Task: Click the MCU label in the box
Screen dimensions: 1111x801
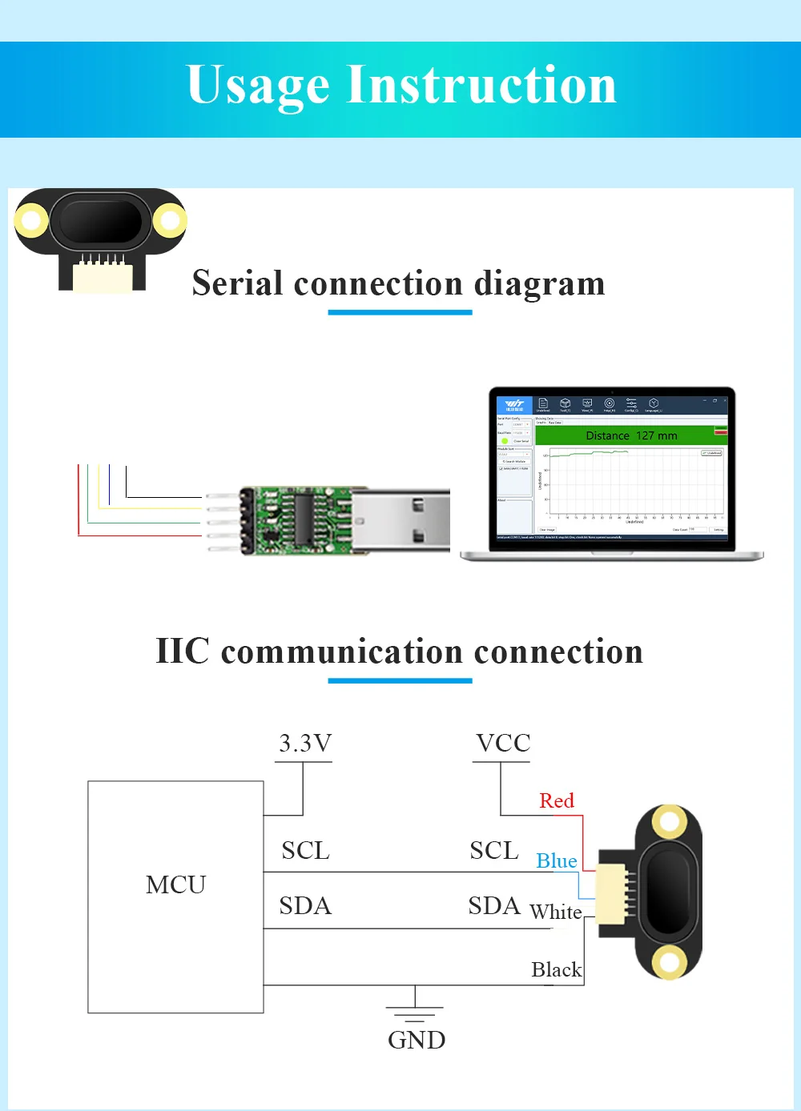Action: coord(176,884)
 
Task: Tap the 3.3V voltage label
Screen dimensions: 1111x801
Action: coord(305,744)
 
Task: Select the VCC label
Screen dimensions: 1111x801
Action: coord(503,744)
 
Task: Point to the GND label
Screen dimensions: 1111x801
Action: coord(417,1040)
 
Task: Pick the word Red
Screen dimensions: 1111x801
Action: coord(557,800)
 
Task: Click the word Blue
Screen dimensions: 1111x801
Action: coord(557,860)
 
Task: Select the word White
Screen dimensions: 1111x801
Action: coord(556,912)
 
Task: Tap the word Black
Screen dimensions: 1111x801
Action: coord(557,969)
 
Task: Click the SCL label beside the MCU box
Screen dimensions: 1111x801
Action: coord(305,850)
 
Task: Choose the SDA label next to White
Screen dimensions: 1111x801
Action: coord(494,906)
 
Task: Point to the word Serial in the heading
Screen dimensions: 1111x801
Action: coord(237,283)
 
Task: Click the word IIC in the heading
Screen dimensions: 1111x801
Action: coord(182,651)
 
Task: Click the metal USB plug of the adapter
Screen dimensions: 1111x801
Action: coord(400,520)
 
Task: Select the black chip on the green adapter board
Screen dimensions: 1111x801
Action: coord(304,518)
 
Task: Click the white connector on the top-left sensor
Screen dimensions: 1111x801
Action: coord(103,276)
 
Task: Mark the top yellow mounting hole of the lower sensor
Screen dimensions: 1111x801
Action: coord(669,820)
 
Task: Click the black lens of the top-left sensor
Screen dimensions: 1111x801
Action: coord(101,220)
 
